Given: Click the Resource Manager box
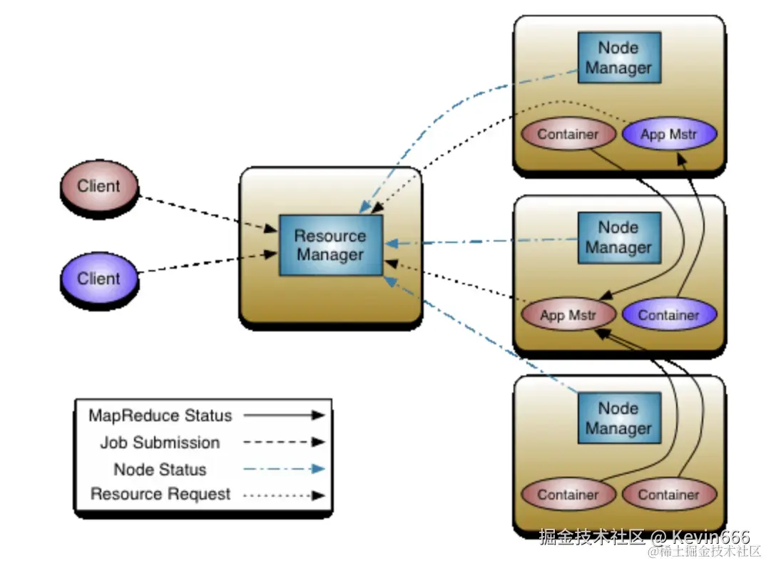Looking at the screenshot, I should click(x=330, y=245).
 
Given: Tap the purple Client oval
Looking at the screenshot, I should click(x=98, y=279).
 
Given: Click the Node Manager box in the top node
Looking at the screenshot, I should click(x=618, y=58).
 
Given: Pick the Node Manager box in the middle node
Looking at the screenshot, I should click(x=618, y=237).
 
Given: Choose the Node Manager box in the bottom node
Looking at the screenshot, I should click(x=618, y=418).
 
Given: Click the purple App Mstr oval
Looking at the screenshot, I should click(x=668, y=134).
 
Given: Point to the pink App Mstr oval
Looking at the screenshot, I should click(x=568, y=315).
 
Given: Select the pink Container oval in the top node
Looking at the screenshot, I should click(x=568, y=134).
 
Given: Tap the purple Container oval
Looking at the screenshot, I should click(x=668, y=315).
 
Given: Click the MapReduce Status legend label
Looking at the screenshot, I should click(x=160, y=415).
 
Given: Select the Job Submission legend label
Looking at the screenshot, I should click(x=160, y=443).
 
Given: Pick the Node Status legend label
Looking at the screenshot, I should click(x=160, y=470).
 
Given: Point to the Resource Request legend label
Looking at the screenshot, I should click(x=160, y=494).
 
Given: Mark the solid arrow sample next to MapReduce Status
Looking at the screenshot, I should click(x=283, y=415).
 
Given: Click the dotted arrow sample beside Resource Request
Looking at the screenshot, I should click(x=283, y=495).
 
